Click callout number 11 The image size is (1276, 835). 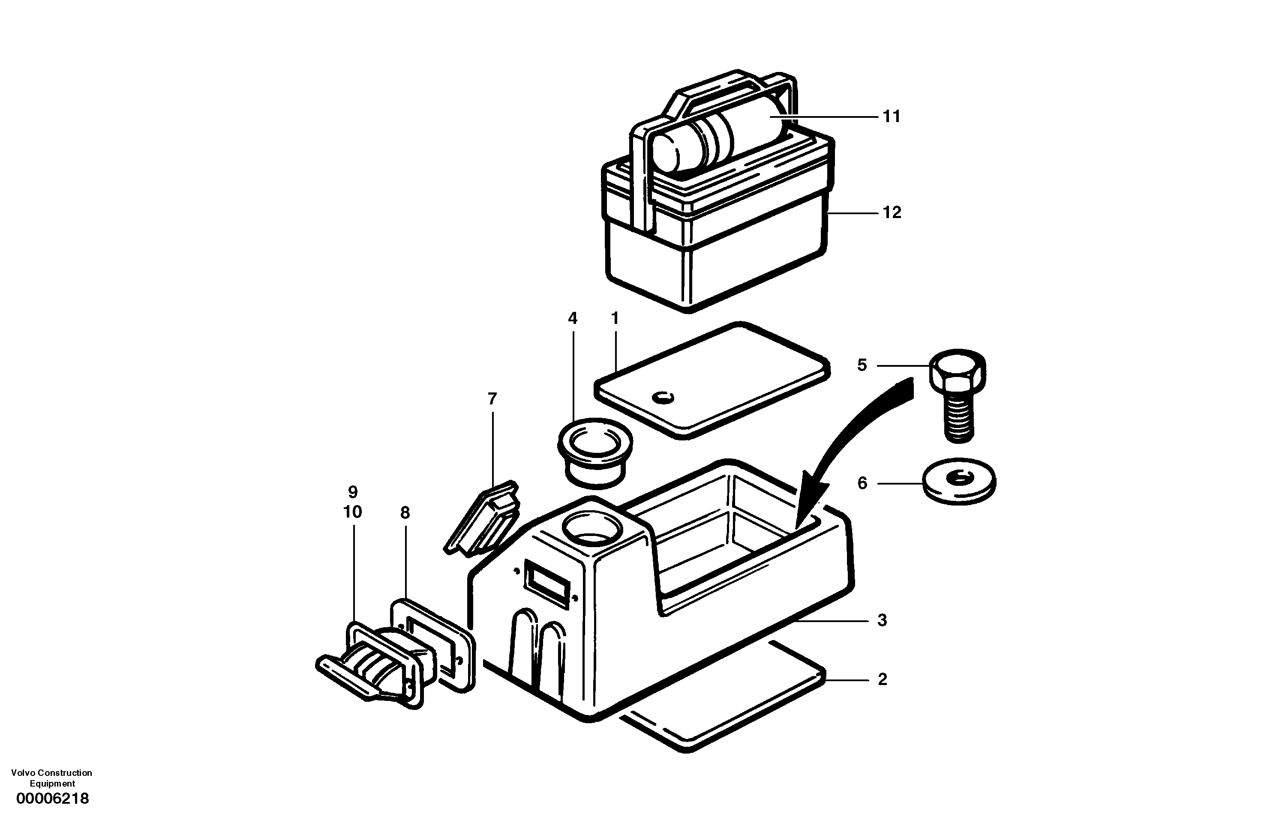(891, 117)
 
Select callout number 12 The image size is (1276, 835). (892, 213)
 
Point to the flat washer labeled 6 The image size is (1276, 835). (959, 481)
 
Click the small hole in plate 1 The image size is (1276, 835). (663, 398)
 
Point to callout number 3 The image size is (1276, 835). (882, 621)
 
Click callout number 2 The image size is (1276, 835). (883, 679)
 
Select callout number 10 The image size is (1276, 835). (352, 512)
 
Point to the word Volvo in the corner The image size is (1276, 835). (22, 773)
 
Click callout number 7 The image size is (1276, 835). (492, 399)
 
